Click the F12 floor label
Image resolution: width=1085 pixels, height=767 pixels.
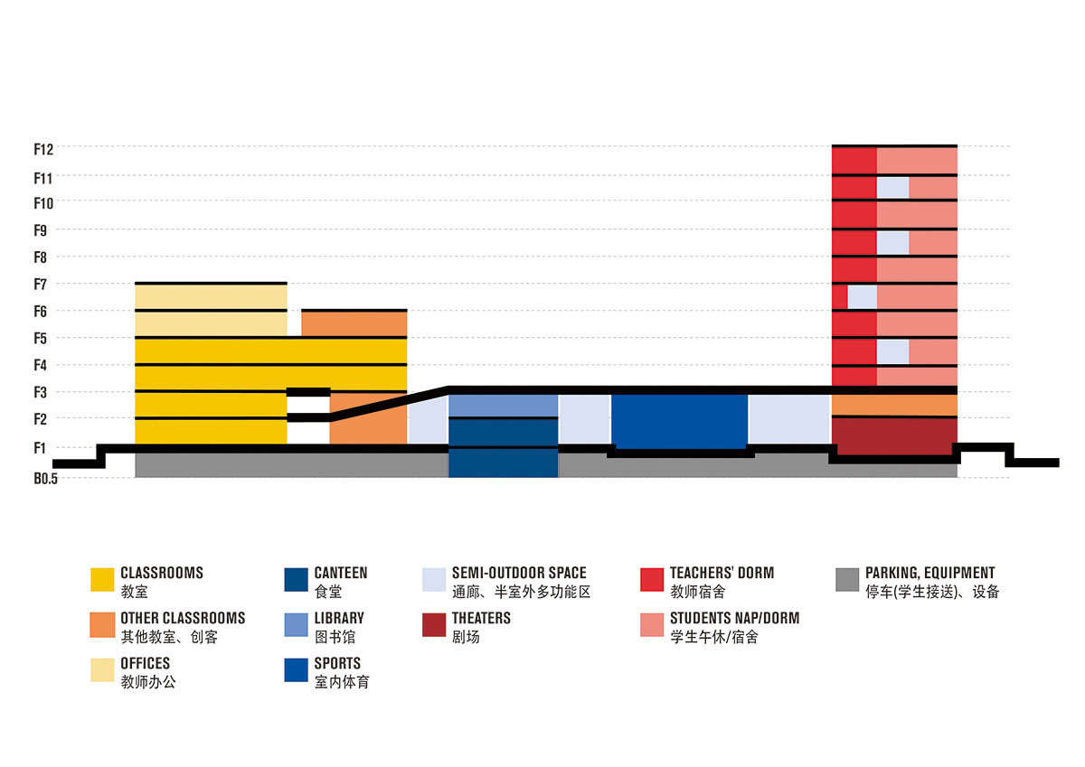(44, 148)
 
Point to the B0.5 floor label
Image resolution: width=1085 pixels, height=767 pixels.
(45, 478)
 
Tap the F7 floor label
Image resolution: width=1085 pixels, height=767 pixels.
(40, 285)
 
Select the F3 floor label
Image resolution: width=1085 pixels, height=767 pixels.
(40, 393)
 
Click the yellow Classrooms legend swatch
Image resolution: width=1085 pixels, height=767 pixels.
(103, 579)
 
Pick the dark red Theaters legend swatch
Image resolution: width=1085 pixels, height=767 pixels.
(434, 624)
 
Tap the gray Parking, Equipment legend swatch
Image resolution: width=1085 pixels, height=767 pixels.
(847, 579)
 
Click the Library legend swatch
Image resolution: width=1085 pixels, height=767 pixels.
(297, 624)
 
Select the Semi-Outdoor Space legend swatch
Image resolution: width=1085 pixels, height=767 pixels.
(434, 579)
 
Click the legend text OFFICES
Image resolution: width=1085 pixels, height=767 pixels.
(145, 664)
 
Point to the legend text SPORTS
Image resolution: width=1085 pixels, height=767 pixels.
(337, 664)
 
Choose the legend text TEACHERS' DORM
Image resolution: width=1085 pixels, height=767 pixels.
(722, 573)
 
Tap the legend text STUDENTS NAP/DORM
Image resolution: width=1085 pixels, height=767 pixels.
(734, 619)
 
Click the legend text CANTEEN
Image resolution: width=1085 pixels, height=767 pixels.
(341, 573)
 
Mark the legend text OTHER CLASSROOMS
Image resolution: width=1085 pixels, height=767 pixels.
(183, 619)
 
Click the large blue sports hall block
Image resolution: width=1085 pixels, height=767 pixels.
(680, 420)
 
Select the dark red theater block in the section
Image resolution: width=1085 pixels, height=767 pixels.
(892, 435)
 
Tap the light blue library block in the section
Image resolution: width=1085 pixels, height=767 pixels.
(503, 406)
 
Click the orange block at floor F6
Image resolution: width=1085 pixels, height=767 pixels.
(354, 323)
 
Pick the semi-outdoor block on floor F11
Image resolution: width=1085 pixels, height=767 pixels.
(892, 187)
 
